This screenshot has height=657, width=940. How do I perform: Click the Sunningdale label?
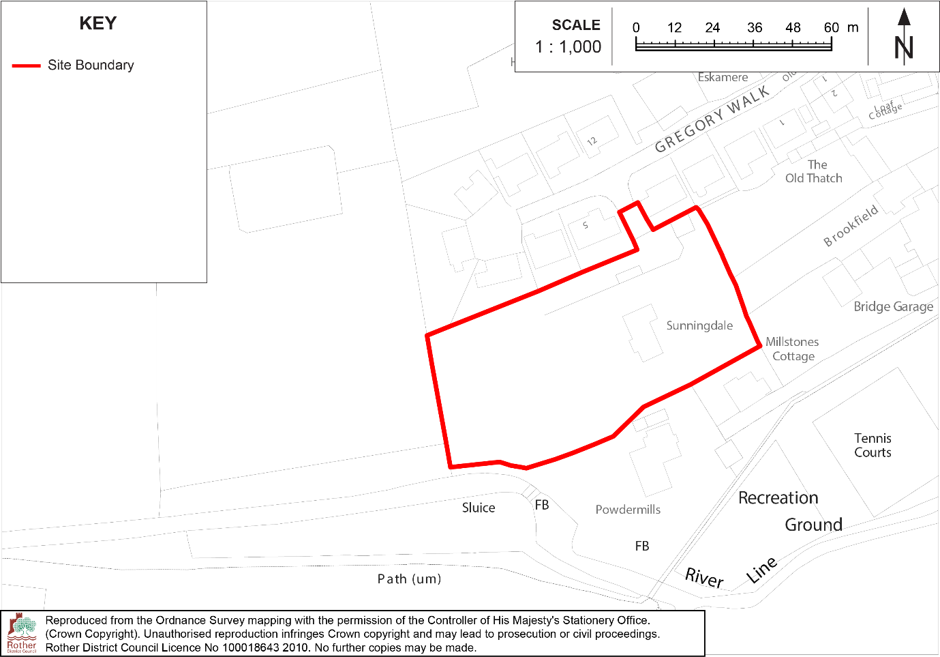(699, 325)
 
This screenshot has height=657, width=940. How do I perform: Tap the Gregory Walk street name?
(712, 119)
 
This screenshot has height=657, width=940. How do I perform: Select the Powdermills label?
(628, 510)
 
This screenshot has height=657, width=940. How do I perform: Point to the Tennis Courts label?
(873, 446)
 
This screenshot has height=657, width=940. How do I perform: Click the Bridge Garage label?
(893, 307)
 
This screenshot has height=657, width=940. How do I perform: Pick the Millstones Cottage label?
(792, 349)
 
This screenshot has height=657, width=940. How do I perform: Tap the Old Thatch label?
(814, 172)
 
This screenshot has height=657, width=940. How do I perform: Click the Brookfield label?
(851, 226)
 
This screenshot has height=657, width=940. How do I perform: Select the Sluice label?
(479, 508)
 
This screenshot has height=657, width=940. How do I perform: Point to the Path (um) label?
(409, 579)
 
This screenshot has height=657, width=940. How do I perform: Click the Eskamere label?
(723, 78)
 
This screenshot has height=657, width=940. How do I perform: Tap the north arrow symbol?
(904, 38)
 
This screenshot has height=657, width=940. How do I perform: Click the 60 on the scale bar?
(831, 28)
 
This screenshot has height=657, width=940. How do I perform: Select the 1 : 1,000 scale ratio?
(568, 47)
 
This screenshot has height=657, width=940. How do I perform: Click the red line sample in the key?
(26, 66)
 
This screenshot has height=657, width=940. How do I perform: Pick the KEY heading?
(98, 24)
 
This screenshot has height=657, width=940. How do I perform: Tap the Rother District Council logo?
(22, 632)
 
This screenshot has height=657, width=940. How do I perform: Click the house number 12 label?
(592, 141)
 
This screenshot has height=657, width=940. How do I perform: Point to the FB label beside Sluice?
(542, 505)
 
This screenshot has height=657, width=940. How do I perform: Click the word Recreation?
(778, 498)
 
